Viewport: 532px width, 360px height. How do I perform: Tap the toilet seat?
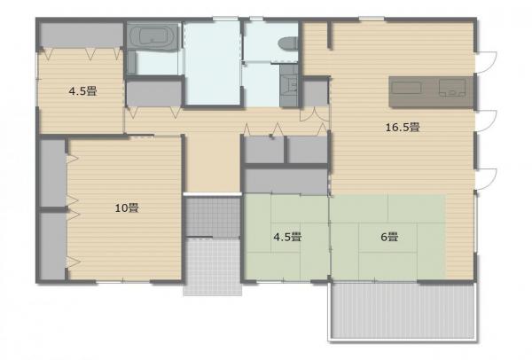pyautogui.click(x=286, y=42)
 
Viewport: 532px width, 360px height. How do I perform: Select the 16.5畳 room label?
pyautogui.click(x=401, y=127)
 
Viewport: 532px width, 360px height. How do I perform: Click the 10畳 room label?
pyautogui.click(x=127, y=208)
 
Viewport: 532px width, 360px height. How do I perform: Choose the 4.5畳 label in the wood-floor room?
pyautogui.click(x=82, y=90)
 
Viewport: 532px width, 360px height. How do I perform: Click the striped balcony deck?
pyautogui.click(x=403, y=312)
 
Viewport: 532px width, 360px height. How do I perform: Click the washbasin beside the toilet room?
pyautogui.click(x=288, y=86)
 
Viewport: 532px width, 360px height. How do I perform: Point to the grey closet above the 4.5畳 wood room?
pyautogui.click(x=81, y=35)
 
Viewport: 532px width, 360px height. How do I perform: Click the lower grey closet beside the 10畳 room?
pyautogui.click(x=52, y=245)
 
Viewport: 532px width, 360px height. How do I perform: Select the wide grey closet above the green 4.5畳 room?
pyautogui.click(x=286, y=181)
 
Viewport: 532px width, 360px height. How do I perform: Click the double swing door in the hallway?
pyautogui.click(x=311, y=117)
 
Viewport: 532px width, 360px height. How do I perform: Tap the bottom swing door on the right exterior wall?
pyautogui.click(x=486, y=175)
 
